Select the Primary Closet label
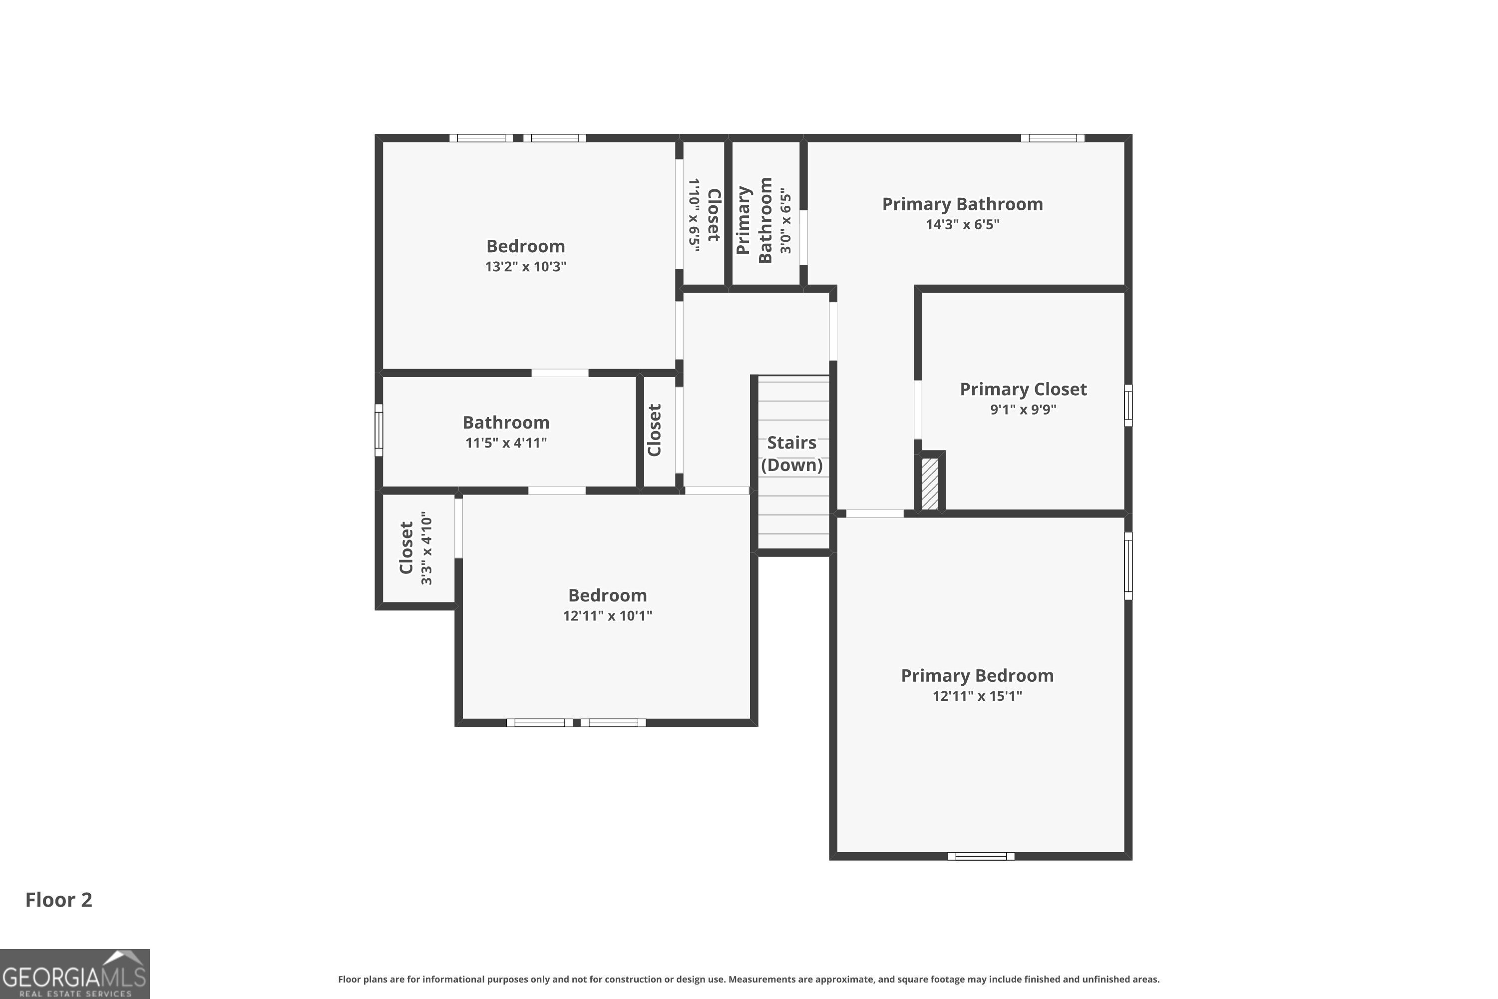coord(1023,389)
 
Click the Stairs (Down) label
coord(791,453)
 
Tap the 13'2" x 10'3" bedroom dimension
coord(525,266)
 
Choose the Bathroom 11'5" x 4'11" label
coord(506,423)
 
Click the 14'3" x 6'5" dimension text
coord(962,224)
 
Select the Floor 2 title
coord(58,900)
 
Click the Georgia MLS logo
coord(74,974)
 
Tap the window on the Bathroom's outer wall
coord(379,430)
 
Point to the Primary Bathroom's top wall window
coord(1052,138)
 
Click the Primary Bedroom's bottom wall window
coord(981,856)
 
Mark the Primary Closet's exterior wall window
coord(1128,405)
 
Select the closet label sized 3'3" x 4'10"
coord(406,548)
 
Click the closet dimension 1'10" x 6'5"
coord(694,215)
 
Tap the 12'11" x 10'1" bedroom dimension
coord(607,615)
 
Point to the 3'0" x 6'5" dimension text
coord(786,220)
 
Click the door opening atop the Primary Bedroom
coord(874,513)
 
